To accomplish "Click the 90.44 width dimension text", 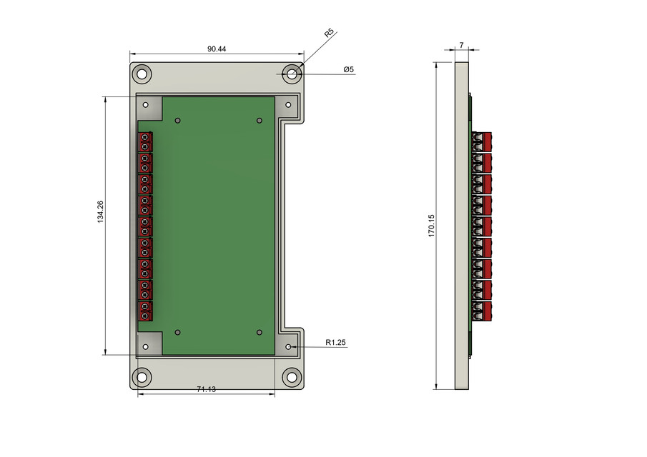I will point(217,49).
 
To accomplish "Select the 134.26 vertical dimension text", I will point(100,212).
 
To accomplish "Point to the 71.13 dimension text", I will point(207,389).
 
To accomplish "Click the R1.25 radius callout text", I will point(335,343).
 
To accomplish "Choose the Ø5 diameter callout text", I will point(348,69).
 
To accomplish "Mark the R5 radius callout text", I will point(329,33).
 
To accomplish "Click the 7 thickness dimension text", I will point(461,45).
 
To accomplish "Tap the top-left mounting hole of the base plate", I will point(142,74).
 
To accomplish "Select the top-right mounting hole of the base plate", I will point(291,74).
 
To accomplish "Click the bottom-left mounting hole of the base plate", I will point(142,376).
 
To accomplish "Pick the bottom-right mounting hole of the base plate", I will point(291,376).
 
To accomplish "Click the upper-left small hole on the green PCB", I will point(178,121).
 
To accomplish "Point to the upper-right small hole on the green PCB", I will point(260,121).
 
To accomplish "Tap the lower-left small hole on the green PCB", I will point(178,332).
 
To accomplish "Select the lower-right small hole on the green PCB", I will point(260,332).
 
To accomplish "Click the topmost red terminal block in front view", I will point(145,141).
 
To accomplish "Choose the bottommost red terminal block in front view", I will point(145,311).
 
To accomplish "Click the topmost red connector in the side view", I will point(483,141).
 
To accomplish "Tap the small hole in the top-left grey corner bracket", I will point(147,105).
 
